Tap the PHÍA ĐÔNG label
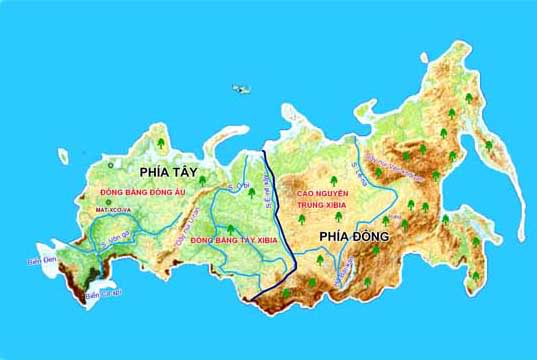pos(353,236)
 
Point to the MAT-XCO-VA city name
pos(114,211)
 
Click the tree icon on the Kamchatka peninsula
pos(489,146)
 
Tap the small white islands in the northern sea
pos(241,89)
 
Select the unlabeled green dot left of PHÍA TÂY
pos(109,164)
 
